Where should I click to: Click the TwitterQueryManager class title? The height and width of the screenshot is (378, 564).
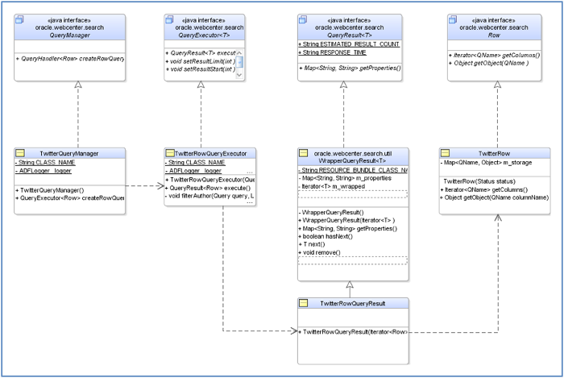[x=74, y=152]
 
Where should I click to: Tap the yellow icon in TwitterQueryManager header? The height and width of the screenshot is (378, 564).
[x=22, y=152]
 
